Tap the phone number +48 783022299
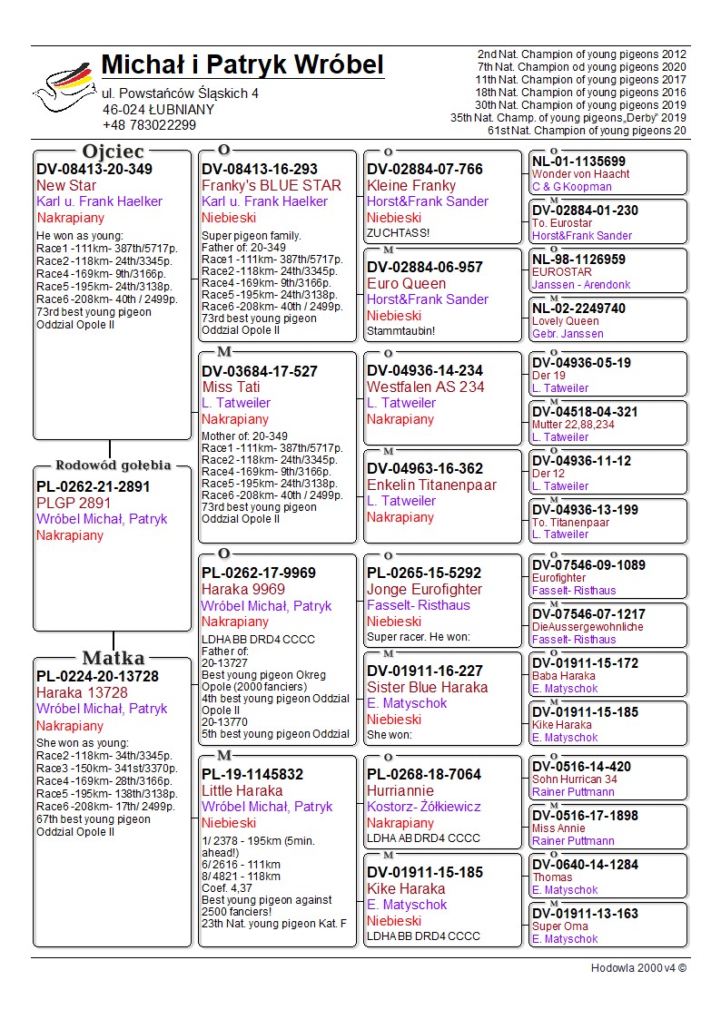149,125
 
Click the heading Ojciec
113,151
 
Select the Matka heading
113,658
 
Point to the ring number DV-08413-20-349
94,169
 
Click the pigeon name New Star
66,185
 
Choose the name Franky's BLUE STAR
272,185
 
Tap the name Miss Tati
231,387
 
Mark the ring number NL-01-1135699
578,162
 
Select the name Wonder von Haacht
580,174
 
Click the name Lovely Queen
565,321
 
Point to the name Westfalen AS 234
425,387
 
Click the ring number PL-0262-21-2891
93,486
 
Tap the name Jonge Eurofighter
424,589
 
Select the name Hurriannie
400,790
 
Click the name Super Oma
559,926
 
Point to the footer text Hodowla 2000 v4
638,968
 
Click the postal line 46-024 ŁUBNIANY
158,109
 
